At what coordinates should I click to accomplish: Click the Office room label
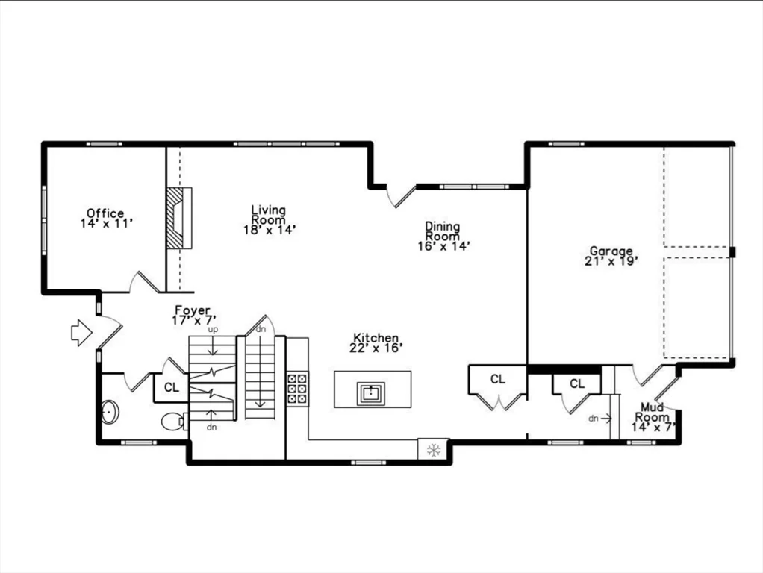105,213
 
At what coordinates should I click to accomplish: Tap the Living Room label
269,215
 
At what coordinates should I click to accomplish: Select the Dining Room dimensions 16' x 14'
443,246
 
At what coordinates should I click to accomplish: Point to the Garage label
611,251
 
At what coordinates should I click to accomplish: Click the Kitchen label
376,337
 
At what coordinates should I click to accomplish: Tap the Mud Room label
652,412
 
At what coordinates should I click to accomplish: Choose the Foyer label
193,310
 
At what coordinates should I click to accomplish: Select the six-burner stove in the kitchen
297,388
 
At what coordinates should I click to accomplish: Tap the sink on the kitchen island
371,393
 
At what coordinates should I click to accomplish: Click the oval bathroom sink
110,412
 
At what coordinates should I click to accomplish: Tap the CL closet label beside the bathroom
171,388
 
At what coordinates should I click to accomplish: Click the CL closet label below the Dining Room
497,379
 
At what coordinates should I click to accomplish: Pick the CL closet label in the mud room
577,383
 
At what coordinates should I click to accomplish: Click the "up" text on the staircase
213,329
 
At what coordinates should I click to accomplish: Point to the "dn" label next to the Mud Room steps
594,418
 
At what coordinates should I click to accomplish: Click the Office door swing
144,281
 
